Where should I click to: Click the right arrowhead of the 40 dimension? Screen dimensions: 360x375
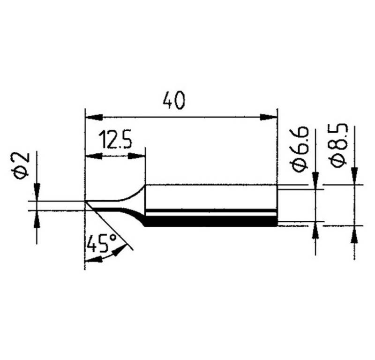270,116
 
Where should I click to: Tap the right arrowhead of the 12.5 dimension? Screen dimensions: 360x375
139,155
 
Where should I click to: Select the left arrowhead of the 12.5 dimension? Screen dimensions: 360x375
92,155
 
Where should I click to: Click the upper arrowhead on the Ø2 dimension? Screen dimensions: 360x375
37,192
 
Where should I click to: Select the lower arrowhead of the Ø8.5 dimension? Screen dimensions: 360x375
354,234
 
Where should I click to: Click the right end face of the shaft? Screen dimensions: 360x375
277,204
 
